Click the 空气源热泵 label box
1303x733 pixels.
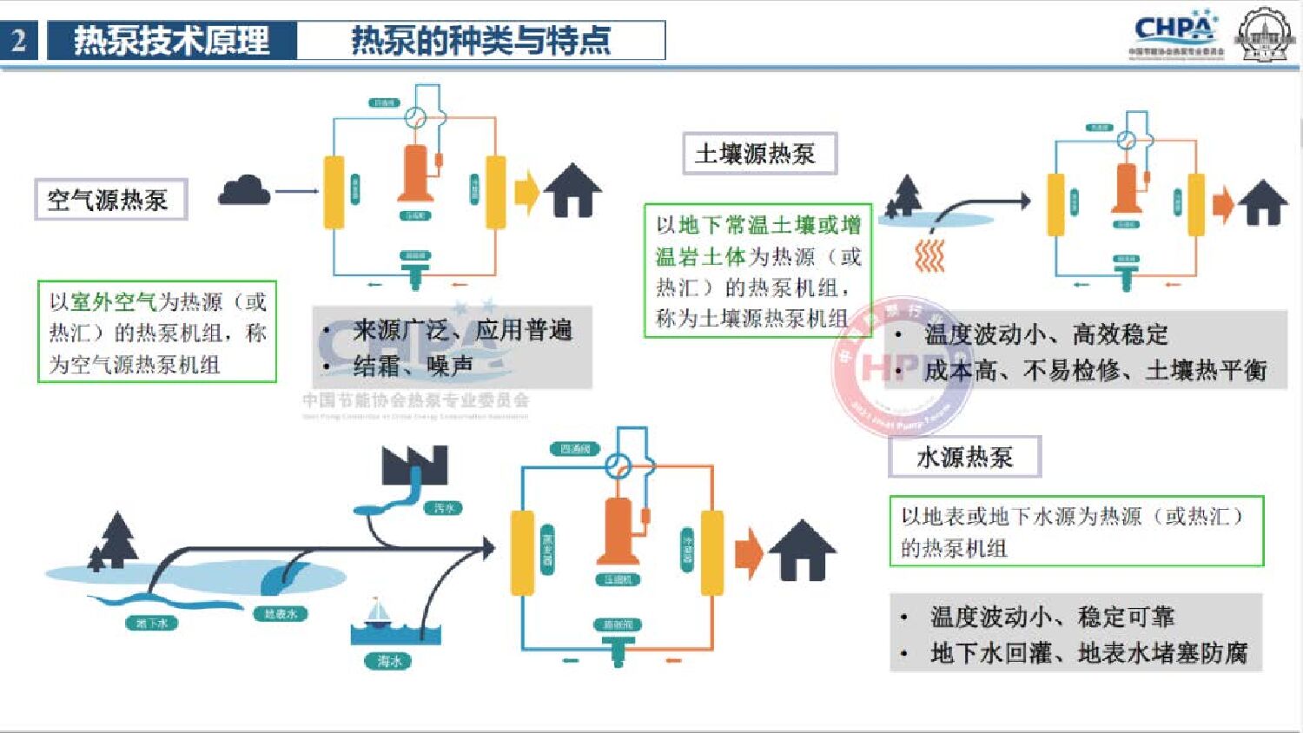[110, 200]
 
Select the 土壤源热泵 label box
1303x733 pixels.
[758, 154]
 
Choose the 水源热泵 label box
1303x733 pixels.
[964, 457]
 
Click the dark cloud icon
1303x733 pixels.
[244, 190]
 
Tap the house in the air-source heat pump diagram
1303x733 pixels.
[572, 190]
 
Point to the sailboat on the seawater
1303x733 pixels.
[378, 612]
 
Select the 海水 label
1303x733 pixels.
[388, 661]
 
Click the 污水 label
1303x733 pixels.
[444, 507]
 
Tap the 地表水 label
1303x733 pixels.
[280, 613]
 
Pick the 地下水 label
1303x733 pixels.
[152, 623]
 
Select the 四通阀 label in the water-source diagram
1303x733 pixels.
[575, 449]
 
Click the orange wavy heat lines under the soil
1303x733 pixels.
[929, 256]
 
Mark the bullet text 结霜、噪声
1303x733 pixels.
[413, 366]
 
